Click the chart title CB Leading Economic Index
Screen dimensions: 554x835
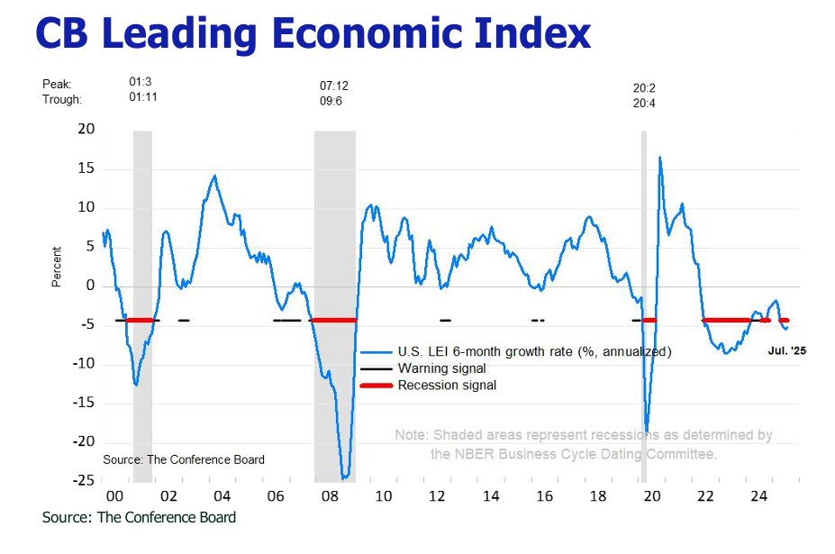point(313,34)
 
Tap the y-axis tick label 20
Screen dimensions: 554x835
point(86,130)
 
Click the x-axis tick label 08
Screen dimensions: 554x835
point(330,496)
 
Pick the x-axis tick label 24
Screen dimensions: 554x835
point(758,496)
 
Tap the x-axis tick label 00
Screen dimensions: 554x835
point(115,496)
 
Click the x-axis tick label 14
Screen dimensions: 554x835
point(490,496)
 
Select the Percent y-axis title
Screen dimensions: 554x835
point(57,267)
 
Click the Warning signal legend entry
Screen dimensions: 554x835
point(441,368)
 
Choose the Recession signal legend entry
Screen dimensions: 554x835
point(447,386)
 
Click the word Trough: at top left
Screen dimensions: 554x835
point(62,99)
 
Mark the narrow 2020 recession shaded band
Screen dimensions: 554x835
point(644,297)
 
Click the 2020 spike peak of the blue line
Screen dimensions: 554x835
point(660,158)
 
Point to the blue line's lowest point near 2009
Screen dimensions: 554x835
point(345,477)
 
